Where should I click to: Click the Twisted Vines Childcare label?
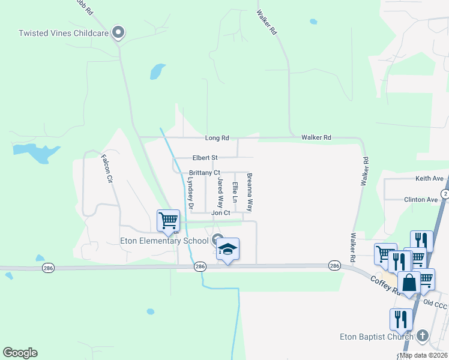(64, 34)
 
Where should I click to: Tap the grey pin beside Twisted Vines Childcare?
(118, 32)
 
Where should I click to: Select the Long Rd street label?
(217, 138)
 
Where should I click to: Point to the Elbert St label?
(205, 158)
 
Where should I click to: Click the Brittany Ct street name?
(205, 173)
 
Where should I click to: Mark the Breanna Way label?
(250, 193)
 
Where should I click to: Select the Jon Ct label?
(220, 213)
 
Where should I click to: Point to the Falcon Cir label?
(106, 169)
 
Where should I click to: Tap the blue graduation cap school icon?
(228, 249)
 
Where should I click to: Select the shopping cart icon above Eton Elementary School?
(168, 220)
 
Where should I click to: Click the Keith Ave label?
(429, 179)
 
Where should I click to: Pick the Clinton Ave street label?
(421, 199)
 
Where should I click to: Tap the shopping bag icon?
(409, 283)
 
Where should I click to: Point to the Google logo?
(20, 353)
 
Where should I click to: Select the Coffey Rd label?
(385, 285)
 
